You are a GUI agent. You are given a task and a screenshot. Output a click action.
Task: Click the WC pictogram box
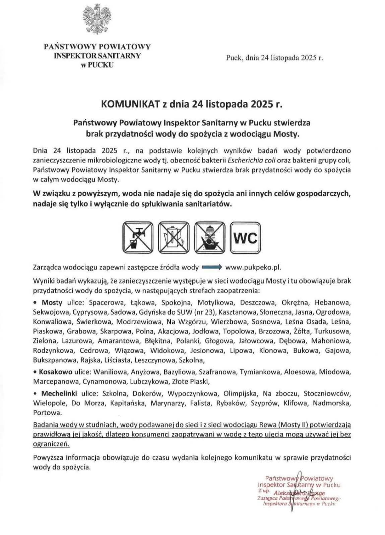pos(246,237)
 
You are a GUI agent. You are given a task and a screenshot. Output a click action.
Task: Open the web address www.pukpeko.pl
pos(253,267)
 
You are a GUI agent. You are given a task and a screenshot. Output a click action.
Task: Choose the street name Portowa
pos(47,412)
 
